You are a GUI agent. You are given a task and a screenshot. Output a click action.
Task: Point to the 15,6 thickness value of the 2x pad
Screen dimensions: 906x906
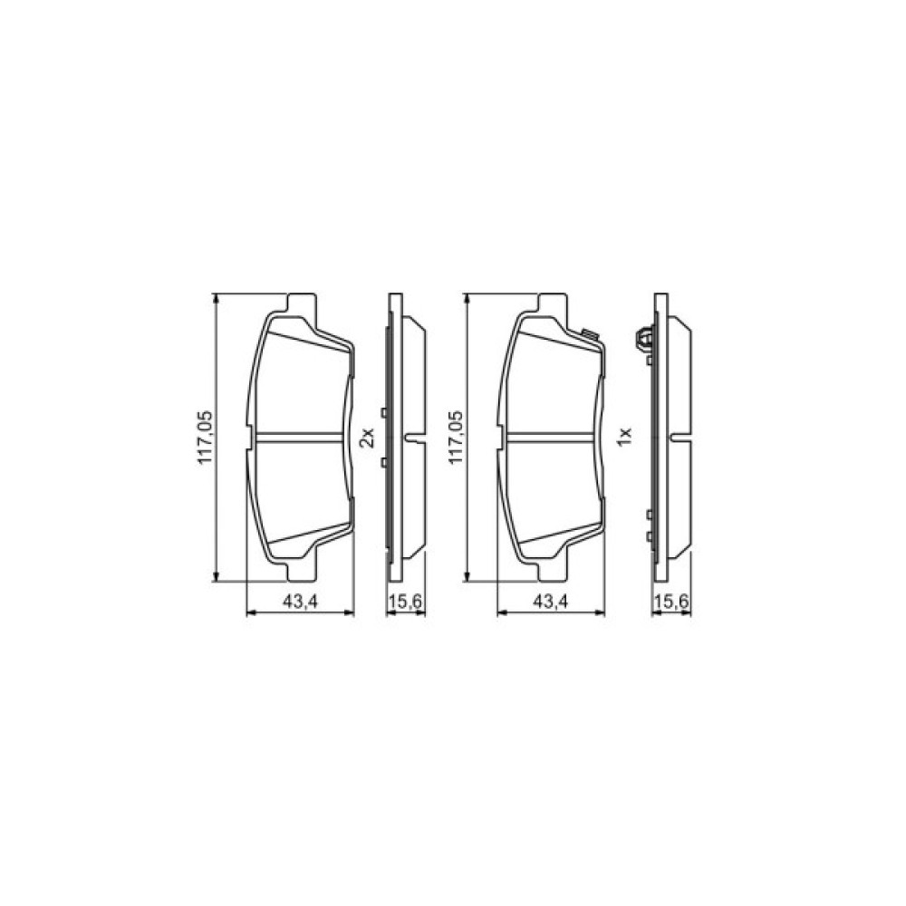405,603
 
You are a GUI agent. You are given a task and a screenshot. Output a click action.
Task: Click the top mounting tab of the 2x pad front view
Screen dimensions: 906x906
300,303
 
